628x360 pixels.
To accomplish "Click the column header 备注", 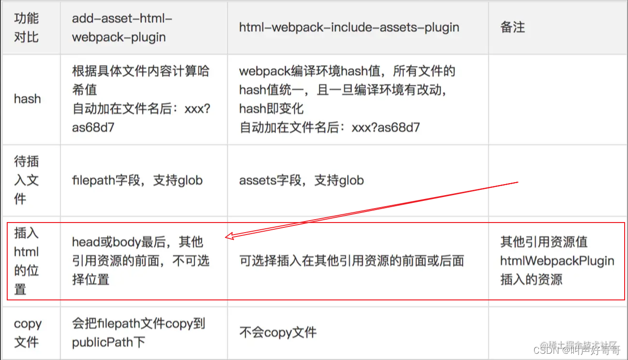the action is point(512,27).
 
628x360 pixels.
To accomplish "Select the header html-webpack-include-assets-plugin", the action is point(349,27).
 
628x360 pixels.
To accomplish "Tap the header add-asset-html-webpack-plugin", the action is point(122,27).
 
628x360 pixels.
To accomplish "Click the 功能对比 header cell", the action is point(26,27).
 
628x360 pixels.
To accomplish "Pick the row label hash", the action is point(27,99).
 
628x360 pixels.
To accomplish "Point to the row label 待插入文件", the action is point(26,180).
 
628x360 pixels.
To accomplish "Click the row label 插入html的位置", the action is point(26,261).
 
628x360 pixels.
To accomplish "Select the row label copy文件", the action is point(27,333).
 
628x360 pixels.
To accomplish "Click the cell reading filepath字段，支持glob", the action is point(137,180).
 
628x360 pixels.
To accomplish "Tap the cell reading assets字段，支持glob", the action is point(301,180).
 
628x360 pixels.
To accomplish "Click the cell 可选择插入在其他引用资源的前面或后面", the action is point(351,261).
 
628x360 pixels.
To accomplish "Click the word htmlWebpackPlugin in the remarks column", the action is point(557,261).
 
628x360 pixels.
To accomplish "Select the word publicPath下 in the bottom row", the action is point(109,342).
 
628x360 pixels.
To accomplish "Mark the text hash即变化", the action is point(271,109).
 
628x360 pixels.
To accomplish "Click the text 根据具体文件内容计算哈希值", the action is point(140,80).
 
